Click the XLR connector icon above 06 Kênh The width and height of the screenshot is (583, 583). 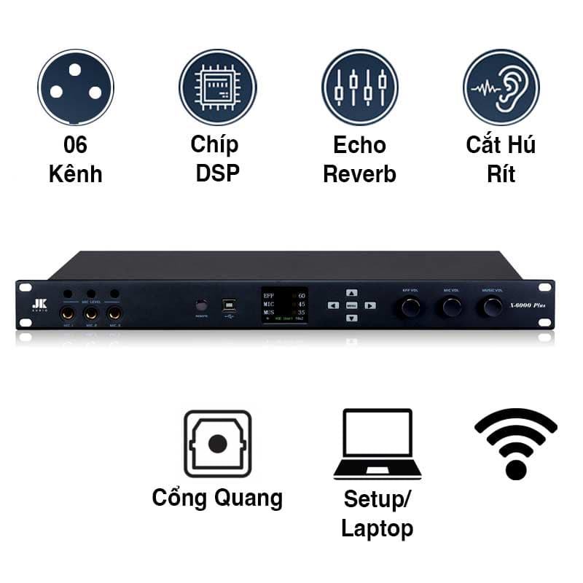pyautogui.click(x=76, y=87)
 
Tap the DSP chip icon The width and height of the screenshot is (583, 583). pyautogui.click(x=217, y=87)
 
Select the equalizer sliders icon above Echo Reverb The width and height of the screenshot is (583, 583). pyautogui.click(x=359, y=87)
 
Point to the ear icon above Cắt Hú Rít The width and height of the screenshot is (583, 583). pyautogui.click(x=501, y=87)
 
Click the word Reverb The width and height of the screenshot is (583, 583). pyautogui.click(x=359, y=174)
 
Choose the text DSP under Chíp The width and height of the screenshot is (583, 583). pyautogui.click(x=217, y=174)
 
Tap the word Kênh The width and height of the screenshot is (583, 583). pyautogui.click(x=76, y=174)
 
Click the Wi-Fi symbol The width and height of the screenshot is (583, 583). pyautogui.click(x=516, y=444)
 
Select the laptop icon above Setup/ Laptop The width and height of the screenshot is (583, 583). pyautogui.click(x=377, y=444)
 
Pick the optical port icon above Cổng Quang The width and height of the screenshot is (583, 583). pyautogui.click(x=217, y=444)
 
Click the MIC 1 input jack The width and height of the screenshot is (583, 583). pyautogui.click(x=68, y=313)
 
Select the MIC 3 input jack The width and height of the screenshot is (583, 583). pyautogui.click(x=114, y=313)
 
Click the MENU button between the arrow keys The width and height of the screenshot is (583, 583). pyautogui.click(x=351, y=305)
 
